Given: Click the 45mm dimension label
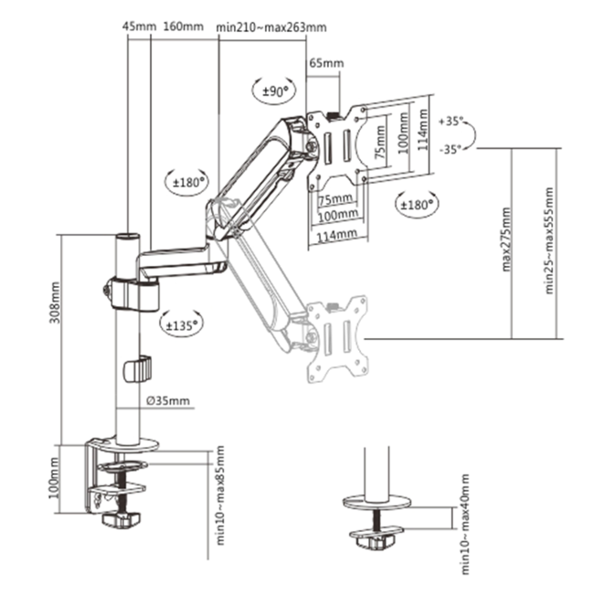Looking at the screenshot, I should point(139,27).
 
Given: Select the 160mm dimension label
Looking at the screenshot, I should point(183,27).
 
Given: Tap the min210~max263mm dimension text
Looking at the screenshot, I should point(271,27).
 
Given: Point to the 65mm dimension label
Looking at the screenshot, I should point(325,64).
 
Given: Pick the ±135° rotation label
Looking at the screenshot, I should point(180,323).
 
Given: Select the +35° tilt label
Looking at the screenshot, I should point(451,121).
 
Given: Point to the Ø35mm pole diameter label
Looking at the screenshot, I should point(168,400).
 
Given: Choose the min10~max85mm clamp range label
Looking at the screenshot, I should point(220,493).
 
